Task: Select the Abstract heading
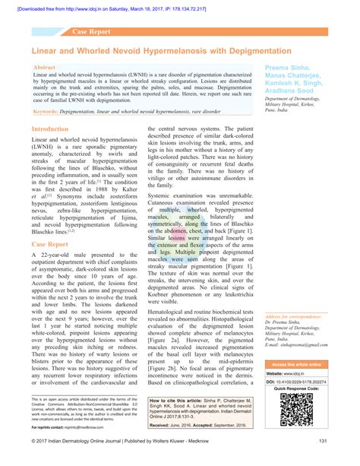44,68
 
